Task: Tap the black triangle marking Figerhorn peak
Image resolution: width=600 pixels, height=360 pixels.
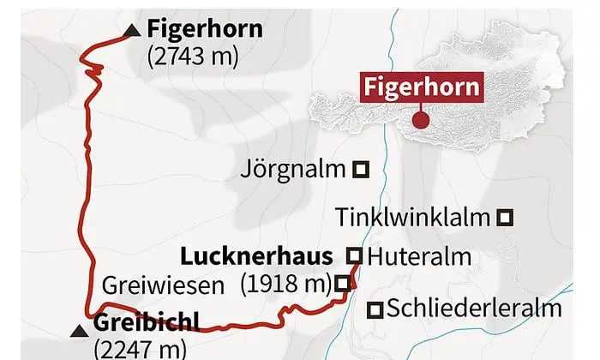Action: tap(130, 32)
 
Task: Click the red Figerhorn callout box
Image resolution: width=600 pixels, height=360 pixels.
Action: tap(420, 87)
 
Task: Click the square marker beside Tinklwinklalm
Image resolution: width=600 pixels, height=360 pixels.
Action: tap(506, 218)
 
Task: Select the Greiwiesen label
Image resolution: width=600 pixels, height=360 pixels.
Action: tap(165, 283)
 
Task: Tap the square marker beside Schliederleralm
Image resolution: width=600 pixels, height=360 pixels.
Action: tap(375, 309)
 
